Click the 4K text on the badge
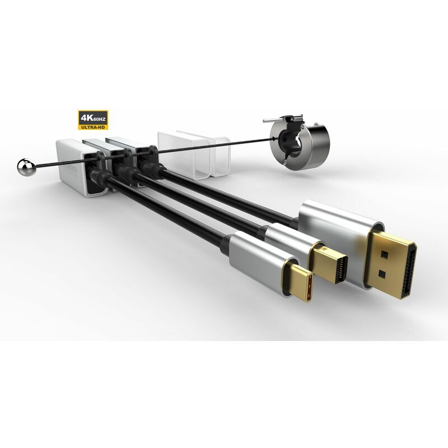tap(86, 118)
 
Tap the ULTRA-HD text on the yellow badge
tap(93, 127)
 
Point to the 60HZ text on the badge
tap(99, 119)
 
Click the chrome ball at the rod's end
tap(26, 167)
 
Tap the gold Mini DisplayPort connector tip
tap(329, 262)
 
